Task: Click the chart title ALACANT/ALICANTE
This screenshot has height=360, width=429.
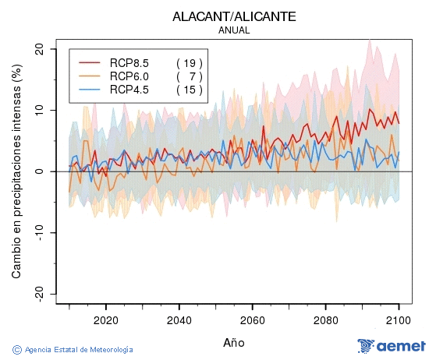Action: [235, 16]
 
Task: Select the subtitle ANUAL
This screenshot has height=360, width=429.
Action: [234, 30]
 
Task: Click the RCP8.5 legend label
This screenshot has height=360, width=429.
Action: [129, 62]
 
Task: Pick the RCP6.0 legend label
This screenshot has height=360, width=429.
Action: [129, 76]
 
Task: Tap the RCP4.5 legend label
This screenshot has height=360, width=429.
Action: [129, 90]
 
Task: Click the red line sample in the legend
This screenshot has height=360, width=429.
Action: [90, 62]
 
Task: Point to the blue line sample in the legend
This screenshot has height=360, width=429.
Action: [90, 90]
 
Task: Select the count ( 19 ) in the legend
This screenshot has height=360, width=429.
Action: [190, 62]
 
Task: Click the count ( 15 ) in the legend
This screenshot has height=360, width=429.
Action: [190, 90]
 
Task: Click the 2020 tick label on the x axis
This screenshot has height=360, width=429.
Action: [105, 319]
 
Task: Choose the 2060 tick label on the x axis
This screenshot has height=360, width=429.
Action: [252, 319]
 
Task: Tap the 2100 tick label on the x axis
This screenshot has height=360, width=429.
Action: [399, 319]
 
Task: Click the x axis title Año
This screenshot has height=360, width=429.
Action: [234, 342]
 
